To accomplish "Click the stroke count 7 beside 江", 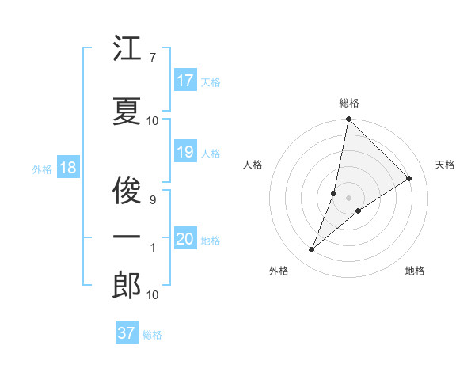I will tap(152, 57).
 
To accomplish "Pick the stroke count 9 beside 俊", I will tap(152, 200).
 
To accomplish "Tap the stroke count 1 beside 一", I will tap(153, 248).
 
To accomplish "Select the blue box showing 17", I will tap(184, 81).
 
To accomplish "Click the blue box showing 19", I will tap(184, 152).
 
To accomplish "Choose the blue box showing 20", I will tap(185, 239).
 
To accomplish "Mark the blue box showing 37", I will tap(126, 333).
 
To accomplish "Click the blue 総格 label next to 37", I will tap(152, 335).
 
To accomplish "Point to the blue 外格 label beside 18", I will tap(41, 169).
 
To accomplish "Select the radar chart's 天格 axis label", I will tap(445, 165).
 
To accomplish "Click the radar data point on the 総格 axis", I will tap(348, 120).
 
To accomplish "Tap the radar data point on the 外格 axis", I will tap(312, 250).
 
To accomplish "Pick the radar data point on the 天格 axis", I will tap(409, 178).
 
